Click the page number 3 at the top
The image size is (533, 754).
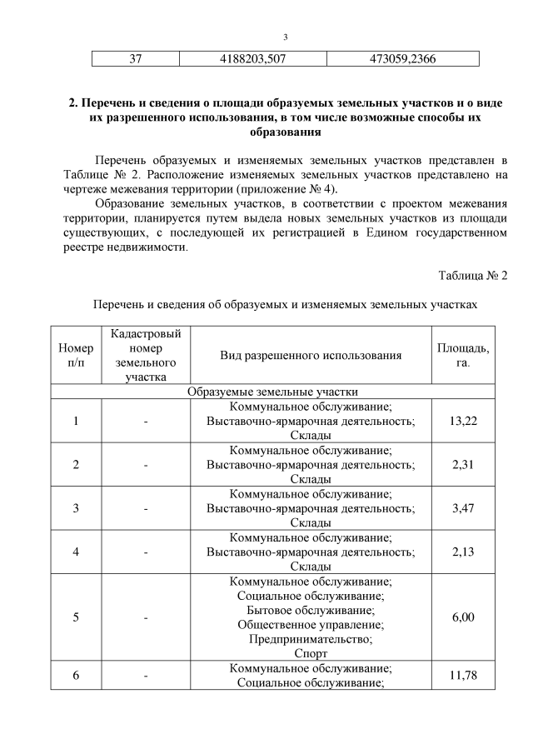[x=285, y=37]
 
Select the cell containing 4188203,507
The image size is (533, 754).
[x=252, y=59]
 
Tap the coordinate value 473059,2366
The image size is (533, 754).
[x=402, y=59]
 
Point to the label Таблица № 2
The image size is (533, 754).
[x=472, y=276]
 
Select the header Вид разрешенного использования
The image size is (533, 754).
[x=311, y=356]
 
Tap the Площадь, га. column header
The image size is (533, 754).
[x=463, y=356]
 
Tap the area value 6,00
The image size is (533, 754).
[x=463, y=617]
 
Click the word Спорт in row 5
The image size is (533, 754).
[x=311, y=654]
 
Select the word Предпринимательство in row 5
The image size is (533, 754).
[x=311, y=639]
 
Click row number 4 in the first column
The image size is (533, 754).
[x=76, y=552]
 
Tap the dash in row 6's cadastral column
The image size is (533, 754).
[x=146, y=676]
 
